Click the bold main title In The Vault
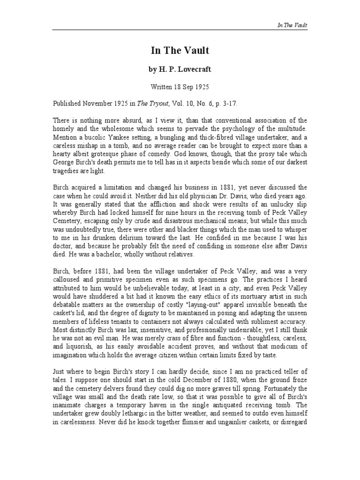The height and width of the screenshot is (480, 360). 180,51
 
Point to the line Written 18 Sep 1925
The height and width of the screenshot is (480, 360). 180,87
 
